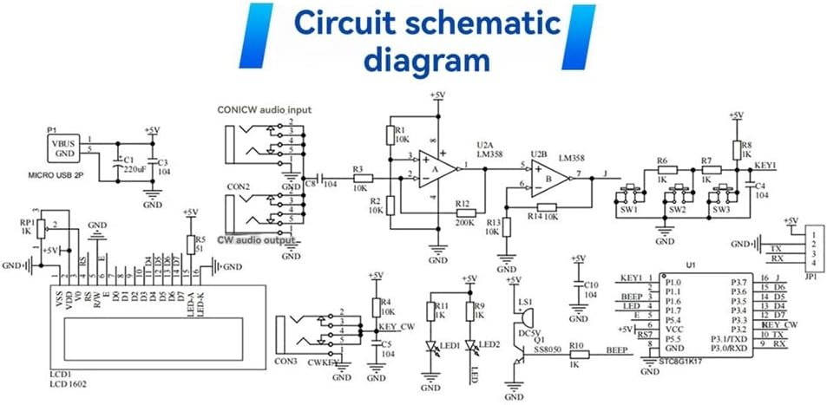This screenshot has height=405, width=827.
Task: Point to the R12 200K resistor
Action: pyautogui.click(x=465, y=212)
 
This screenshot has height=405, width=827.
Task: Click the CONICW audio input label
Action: pyautogui.click(x=264, y=110)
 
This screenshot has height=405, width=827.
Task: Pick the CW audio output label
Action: pyautogui.click(x=257, y=238)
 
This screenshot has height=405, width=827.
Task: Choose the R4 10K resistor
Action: pyautogui.click(x=376, y=307)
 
